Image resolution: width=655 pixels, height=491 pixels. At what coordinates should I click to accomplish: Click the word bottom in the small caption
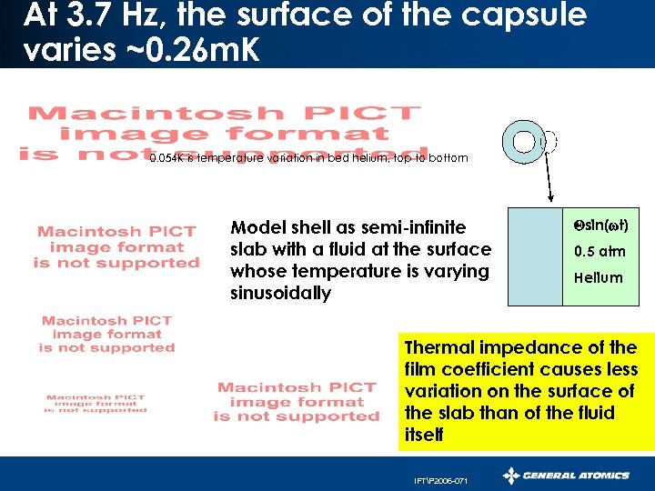pyautogui.click(x=448, y=158)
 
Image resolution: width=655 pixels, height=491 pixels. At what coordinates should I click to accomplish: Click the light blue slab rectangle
pyautogui.click(x=535, y=256)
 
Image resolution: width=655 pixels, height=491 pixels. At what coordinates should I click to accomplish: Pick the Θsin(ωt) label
pyautogui.click(x=601, y=225)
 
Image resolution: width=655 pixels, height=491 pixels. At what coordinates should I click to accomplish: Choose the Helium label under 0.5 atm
pyautogui.click(x=599, y=277)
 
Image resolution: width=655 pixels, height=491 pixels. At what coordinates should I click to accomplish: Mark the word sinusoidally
pyautogui.click(x=281, y=293)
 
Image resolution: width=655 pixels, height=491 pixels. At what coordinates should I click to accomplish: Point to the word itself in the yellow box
pyautogui.click(x=425, y=435)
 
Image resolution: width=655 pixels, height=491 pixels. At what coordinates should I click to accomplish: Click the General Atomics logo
pyautogui.click(x=566, y=475)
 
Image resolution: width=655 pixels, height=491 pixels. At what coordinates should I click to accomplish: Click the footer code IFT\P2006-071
pyautogui.click(x=442, y=481)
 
